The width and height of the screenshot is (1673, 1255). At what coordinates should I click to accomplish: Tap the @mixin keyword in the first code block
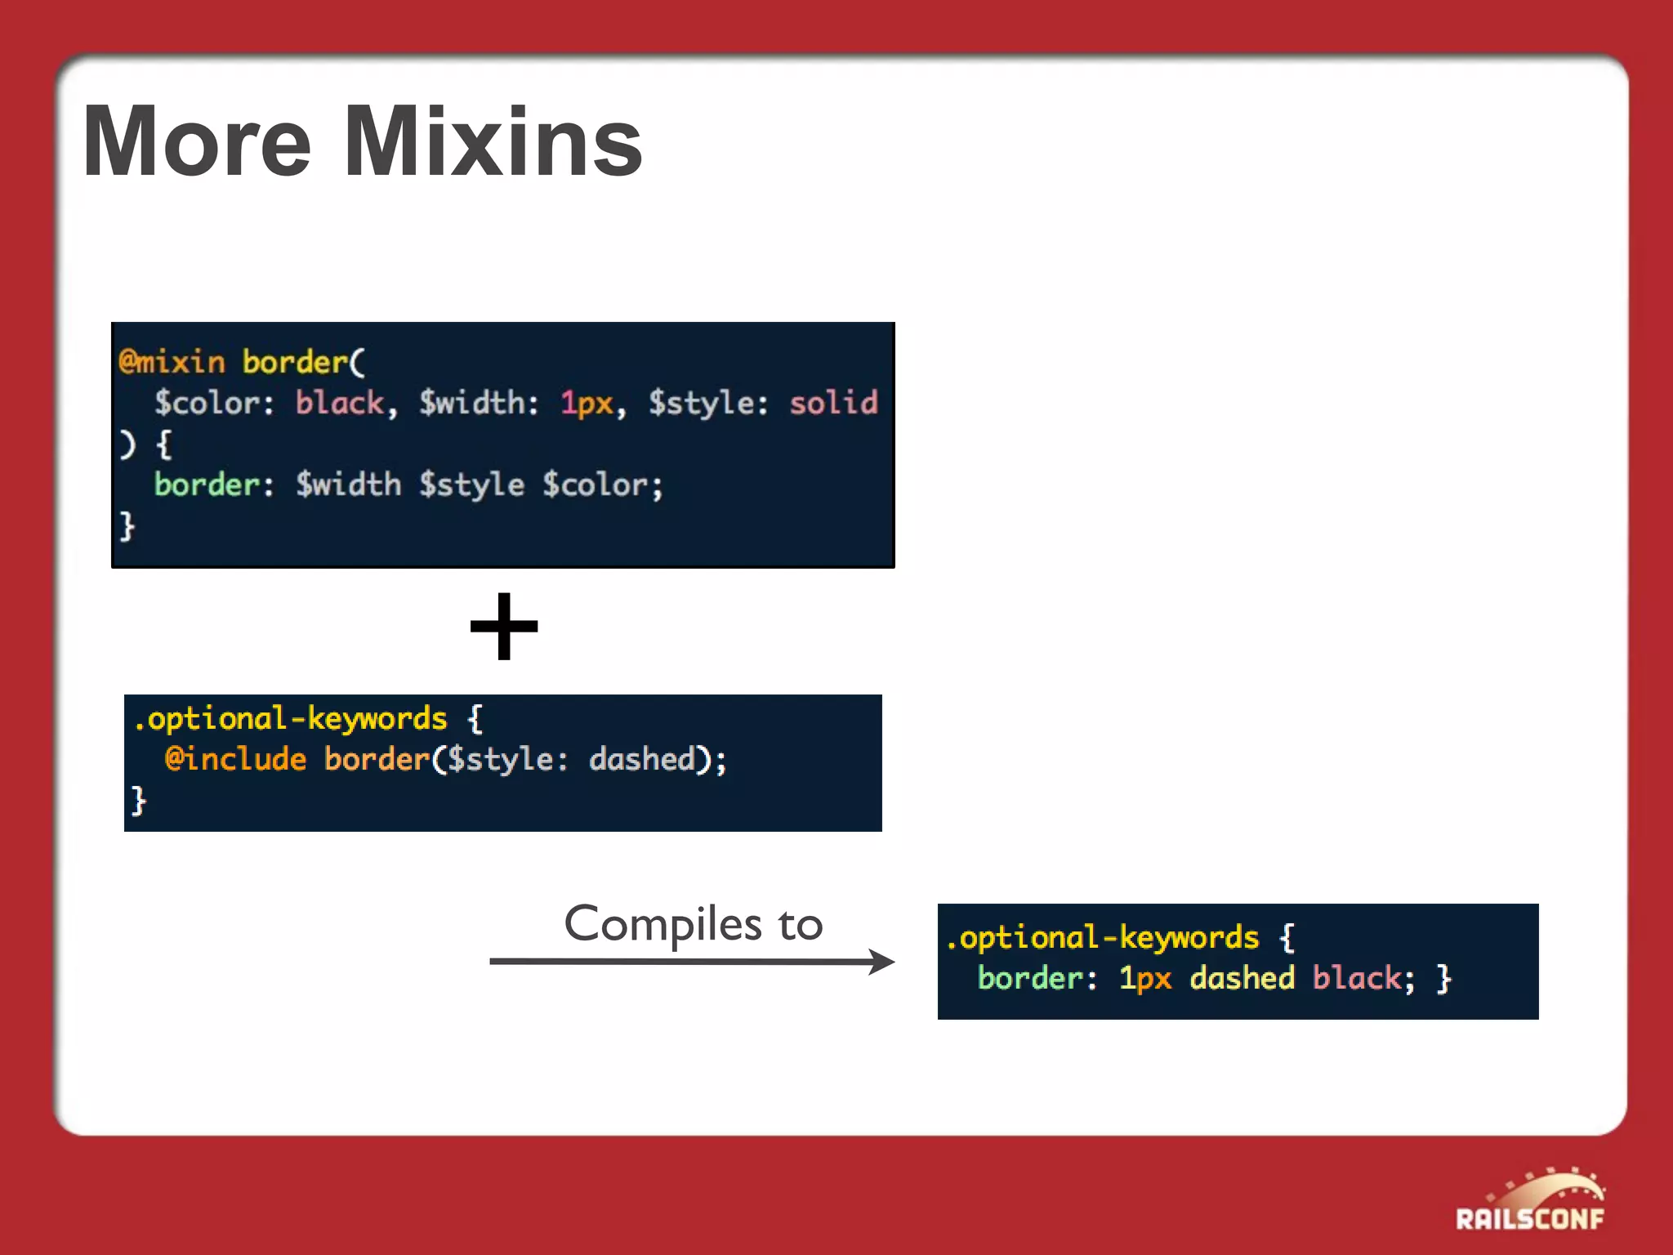[x=172, y=362]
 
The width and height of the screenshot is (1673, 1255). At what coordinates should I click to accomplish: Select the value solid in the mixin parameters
[x=833, y=403]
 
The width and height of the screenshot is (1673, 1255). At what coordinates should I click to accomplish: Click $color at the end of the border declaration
[x=596, y=485]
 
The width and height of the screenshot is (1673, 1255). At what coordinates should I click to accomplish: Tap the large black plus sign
[x=504, y=627]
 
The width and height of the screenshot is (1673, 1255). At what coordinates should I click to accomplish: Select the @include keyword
[x=235, y=759]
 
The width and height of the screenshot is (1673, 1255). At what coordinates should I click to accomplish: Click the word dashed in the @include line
[x=642, y=759]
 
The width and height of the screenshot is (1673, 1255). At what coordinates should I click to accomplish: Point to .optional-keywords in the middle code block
[x=291, y=719]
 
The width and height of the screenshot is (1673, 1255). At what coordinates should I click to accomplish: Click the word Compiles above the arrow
[x=651, y=924]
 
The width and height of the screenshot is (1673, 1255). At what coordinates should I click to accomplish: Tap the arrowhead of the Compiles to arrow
[x=882, y=962]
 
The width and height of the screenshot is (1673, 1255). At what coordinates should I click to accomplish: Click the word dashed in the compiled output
[x=1242, y=978]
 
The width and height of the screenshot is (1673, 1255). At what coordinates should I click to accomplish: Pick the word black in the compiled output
[x=1357, y=978]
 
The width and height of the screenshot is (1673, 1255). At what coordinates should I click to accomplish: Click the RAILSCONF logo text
[x=1529, y=1219]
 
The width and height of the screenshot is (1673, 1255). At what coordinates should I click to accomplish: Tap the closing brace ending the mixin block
[x=127, y=525]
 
